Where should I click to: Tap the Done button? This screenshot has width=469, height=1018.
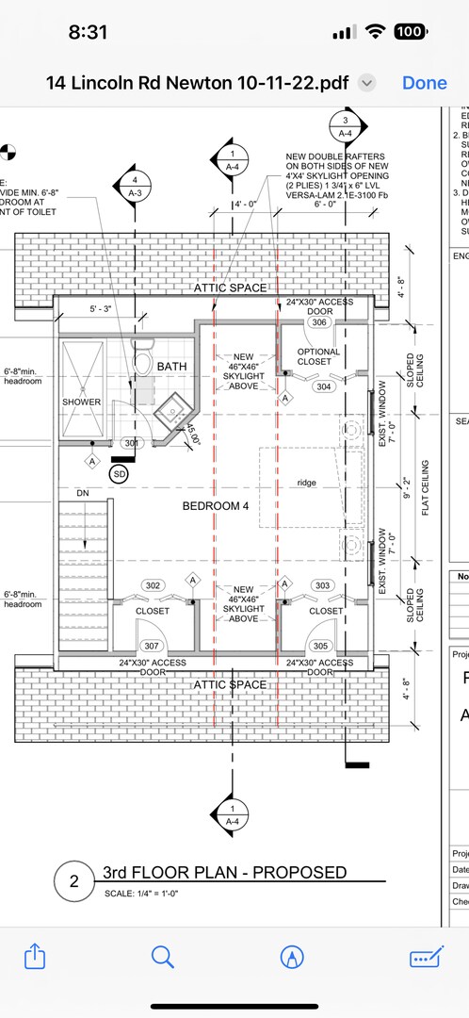(x=424, y=83)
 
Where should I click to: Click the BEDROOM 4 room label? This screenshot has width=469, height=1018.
(x=217, y=506)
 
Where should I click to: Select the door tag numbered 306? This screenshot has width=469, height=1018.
(x=319, y=322)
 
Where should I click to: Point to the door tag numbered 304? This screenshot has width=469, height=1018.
(x=324, y=386)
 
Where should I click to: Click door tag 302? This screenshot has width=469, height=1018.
(x=153, y=585)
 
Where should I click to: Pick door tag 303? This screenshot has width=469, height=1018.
(x=323, y=585)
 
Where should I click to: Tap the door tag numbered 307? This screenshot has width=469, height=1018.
(x=151, y=646)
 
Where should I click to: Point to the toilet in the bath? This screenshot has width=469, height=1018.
(x=144, y=360)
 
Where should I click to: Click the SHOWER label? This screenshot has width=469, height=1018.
(x=81, y=402)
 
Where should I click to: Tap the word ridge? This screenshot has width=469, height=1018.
(x=306, y=483)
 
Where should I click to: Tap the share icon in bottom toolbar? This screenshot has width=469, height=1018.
(x=34, y=957)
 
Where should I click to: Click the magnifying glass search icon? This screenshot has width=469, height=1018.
(x=163, y=957)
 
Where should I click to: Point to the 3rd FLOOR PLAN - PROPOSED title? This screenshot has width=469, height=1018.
(x=224, y=872)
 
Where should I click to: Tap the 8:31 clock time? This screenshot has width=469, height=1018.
(x=89, y=31)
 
